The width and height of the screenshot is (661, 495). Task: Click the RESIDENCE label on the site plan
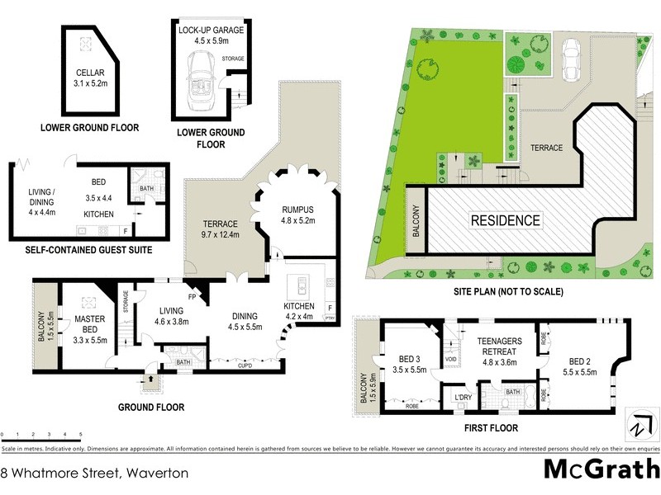(x=506, y=220)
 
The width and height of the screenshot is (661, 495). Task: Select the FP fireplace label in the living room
(x=192, y=296)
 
